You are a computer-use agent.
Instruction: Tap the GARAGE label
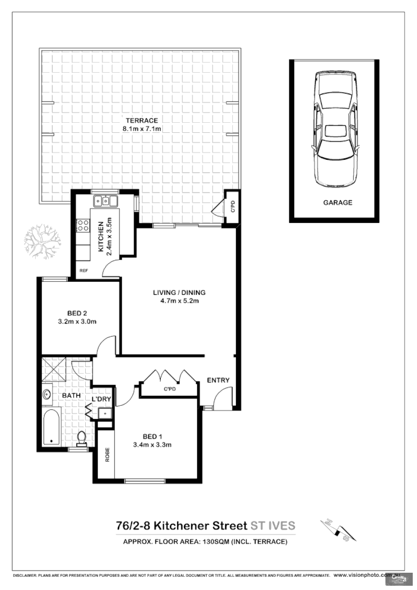[x=337, y=203]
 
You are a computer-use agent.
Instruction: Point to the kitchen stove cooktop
[x=83, y=226]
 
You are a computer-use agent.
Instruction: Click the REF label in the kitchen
[x=83, y=270]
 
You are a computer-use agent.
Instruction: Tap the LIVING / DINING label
[x=179, y=296]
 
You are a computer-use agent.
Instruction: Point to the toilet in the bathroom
[x=82, y=439]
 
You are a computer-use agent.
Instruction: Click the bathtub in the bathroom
[x=52, y=427]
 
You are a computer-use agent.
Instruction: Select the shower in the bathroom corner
[x=55, y=369]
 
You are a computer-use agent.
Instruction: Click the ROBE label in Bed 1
[x=108, y=456]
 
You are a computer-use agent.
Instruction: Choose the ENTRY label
[x=217, y=380]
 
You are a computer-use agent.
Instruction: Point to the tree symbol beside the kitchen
[x=42, y=242]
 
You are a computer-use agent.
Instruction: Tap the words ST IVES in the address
[x=272, y=525]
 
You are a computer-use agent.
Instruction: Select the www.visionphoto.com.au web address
[x=362, y=576]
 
